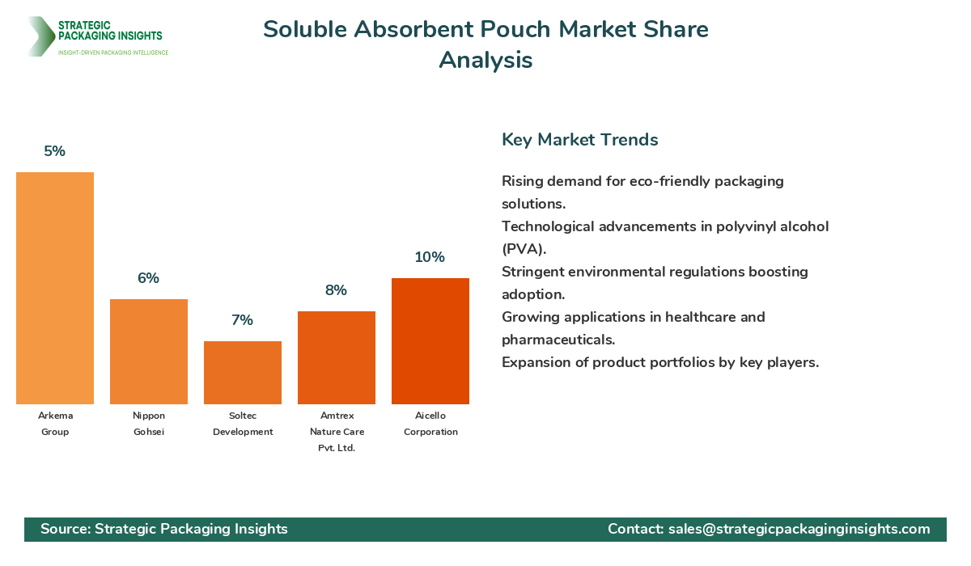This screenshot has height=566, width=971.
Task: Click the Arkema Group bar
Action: (x=55, y=288)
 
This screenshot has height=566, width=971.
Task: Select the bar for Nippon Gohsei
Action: (x=149, y=352)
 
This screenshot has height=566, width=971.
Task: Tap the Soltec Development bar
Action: (x=243, y=373)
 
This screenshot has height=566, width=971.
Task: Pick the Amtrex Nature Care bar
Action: (x=337, y=357)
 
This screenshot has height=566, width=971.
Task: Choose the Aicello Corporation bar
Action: (x=430, y=341)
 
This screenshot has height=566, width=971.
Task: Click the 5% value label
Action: (x=55, y=151)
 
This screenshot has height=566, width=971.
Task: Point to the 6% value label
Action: (x=149, y=278)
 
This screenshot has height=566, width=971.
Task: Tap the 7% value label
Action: (x=243, y=320)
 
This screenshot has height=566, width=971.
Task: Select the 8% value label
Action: (x=337, y=290)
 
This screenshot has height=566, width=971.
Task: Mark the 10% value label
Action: (x=430, y=257)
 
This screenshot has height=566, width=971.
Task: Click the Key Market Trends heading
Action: (x=579, y=140)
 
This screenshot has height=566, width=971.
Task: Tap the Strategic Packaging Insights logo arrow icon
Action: (x=39, y=36)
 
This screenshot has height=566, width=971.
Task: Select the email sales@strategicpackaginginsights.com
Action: (x=799, y=529)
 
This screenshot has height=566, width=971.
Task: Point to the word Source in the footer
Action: (x=64, y=529)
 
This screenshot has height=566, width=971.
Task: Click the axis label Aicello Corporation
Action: (x=430, y=424)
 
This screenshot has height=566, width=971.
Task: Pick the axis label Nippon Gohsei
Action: (x=149, y=424)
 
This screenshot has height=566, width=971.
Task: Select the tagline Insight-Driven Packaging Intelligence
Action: (x=113, y=53)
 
